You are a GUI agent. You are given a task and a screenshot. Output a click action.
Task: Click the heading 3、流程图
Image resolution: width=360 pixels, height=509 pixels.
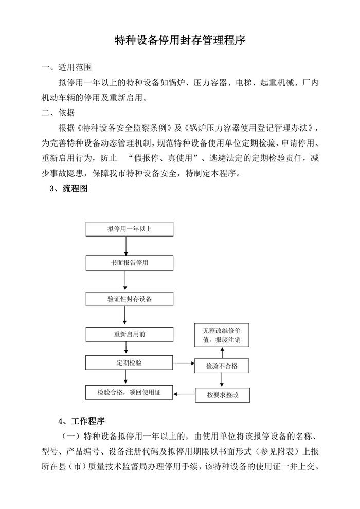(x=68, y=189)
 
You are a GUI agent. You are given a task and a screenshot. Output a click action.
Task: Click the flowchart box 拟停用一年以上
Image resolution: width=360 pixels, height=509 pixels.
(x=129, y=229)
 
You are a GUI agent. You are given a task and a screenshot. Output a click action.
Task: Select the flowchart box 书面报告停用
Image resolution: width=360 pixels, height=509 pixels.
(x=129, y=263)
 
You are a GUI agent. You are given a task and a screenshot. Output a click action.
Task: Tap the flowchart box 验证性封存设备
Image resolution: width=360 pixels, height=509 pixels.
(x=129, y=298)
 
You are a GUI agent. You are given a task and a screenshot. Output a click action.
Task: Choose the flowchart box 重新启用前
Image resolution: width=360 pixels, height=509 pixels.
(x=129, y=334)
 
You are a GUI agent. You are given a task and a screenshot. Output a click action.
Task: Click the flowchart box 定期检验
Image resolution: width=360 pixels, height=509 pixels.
(x=129, y=362)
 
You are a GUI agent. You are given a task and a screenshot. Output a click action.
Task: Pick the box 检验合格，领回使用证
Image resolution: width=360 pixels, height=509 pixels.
(x=129, y=393)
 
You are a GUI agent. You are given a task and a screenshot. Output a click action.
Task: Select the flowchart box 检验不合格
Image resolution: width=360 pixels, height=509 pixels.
(x=222, y=366)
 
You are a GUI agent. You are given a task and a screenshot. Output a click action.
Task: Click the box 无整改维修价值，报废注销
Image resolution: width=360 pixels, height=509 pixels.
(x=222, y=335)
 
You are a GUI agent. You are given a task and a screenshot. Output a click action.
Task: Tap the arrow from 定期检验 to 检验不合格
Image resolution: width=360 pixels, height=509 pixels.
(x=184, y=363)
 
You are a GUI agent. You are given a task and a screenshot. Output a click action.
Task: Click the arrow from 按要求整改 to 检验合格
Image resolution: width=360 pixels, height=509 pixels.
(x=184, y=394)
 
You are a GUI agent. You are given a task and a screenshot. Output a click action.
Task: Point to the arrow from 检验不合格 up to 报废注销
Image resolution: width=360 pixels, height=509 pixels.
(x=222, y=352)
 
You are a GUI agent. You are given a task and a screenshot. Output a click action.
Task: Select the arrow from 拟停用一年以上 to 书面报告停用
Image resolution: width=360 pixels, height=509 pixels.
(x=126, y=246)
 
